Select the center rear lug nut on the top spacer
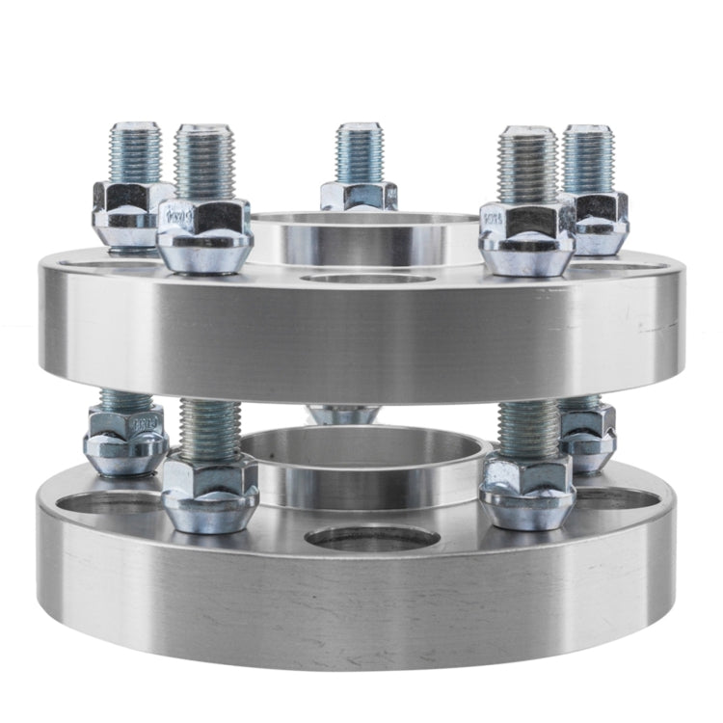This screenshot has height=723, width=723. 359,195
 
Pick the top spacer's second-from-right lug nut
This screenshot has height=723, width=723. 526,236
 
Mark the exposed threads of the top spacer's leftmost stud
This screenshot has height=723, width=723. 135,152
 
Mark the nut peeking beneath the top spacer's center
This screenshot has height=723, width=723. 345,415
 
